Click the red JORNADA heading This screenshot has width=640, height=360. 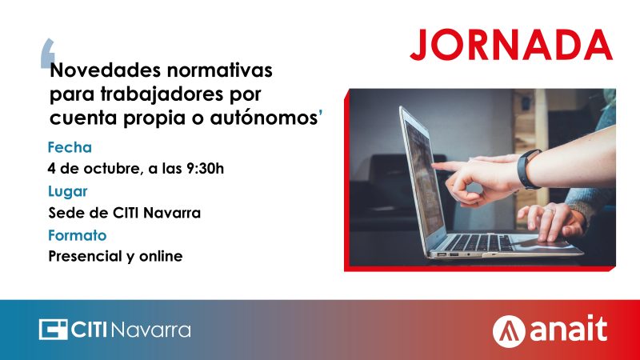click(x=511, y=45)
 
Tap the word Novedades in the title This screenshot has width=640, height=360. click(x=105, y=70)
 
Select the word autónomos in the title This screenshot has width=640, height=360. click(x=264, y=118)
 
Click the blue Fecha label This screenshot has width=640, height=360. click(x=70, y=147)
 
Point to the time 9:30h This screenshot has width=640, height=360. click(x=205, y=168)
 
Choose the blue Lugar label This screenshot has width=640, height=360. click(x=68, y=192)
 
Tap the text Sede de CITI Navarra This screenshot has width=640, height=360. click(x=125, y=213)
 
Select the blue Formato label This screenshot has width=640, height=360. click(x=77, y=235)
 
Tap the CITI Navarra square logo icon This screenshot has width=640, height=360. click(x=53, y=330)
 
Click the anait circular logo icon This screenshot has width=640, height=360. click(x=509, y=331)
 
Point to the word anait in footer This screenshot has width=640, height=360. click(x=569, y=329)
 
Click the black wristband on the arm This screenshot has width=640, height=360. click(x=528, y=169)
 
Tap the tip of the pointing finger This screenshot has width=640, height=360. click(x=434, y=165)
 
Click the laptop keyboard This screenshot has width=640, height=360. click(x=478, y=242)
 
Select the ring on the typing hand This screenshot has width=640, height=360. click(x=549, y=211)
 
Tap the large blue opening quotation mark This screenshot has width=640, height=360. click(x=47, y=53)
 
